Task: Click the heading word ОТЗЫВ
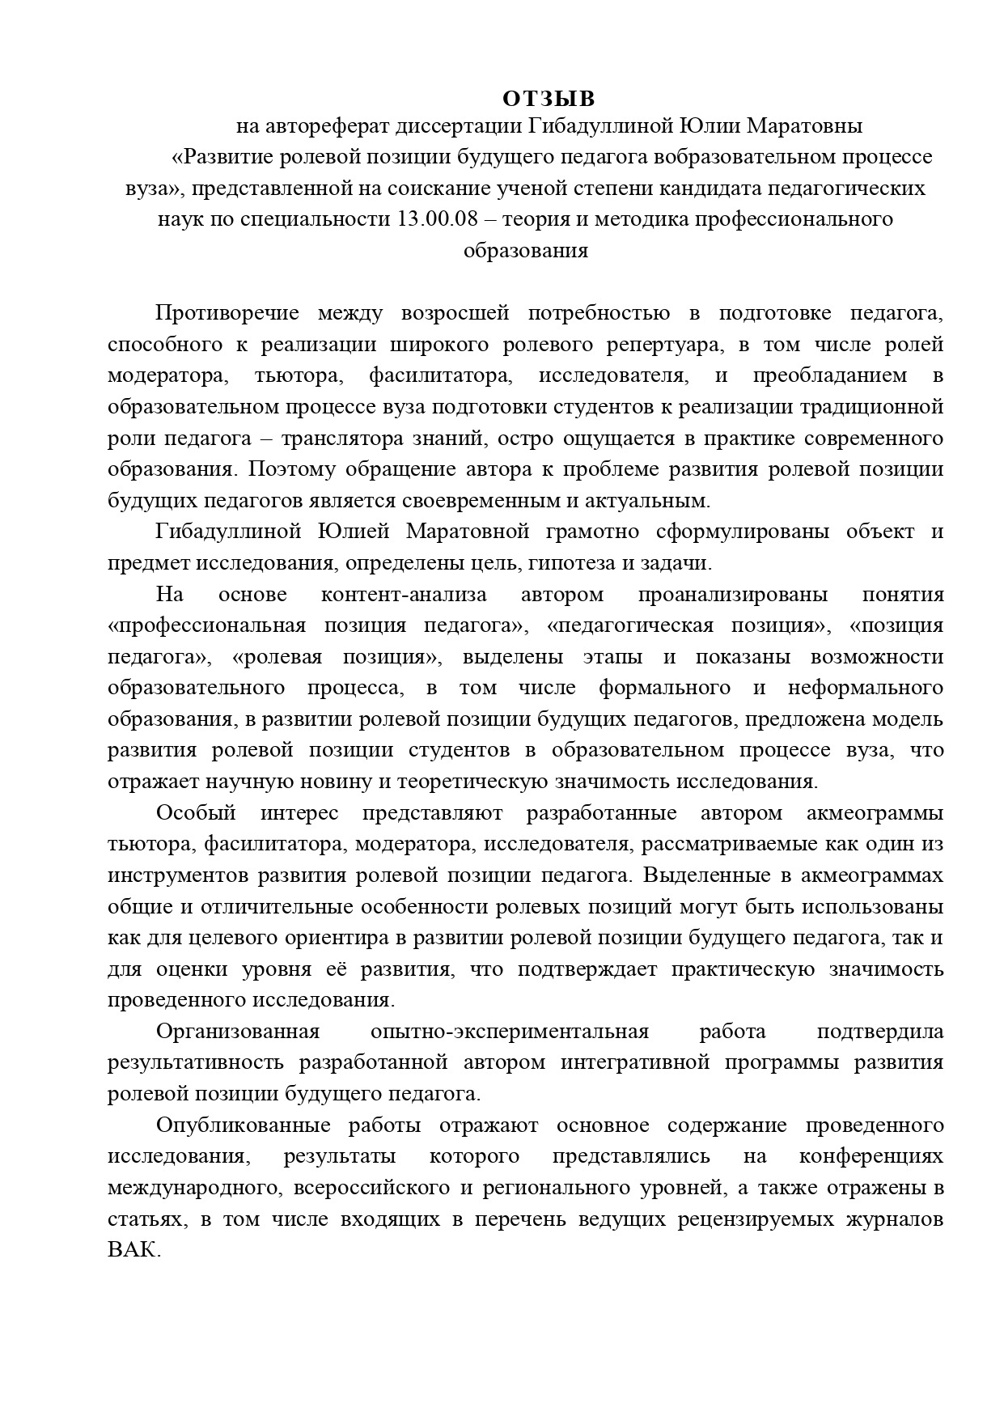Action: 548,99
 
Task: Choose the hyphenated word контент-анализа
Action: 404,595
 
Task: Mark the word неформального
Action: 865,688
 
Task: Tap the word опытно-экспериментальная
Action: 510,1032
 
